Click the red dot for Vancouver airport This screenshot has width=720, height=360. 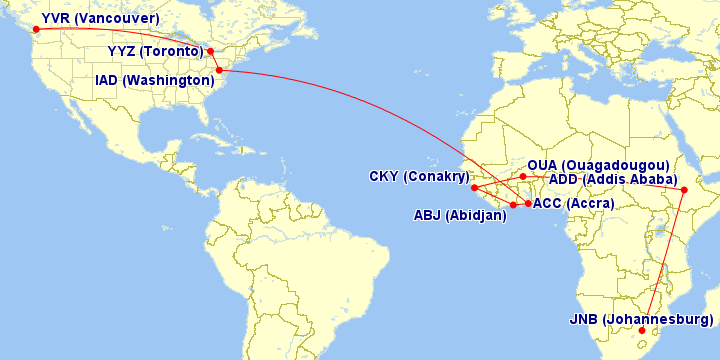click(34, 29)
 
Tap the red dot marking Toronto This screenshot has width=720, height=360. click(211, 52)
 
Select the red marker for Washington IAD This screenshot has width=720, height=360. click(219, 69)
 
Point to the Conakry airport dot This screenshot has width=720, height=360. click(474, 187)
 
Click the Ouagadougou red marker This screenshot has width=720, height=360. click(523, 176)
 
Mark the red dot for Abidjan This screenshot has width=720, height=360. click(513, 205)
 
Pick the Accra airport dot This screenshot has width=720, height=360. click(528, 203)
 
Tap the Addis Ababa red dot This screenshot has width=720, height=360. click(684, 190)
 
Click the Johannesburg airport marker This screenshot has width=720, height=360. click(642, 330)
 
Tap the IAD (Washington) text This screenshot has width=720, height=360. click(154, 80)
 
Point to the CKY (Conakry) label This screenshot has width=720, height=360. click(419, 177)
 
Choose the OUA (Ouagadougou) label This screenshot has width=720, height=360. click(598, 165)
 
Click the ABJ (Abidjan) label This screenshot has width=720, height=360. click(461, 215)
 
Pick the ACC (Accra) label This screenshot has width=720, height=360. click(574, 204)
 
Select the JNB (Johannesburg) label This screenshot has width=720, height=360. click(641, 320)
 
